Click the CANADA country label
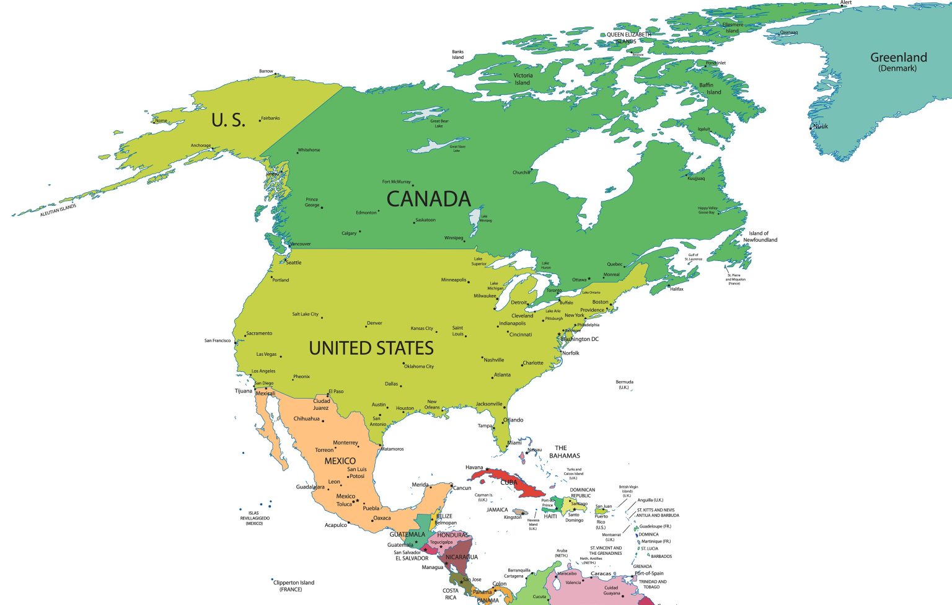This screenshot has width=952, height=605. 429,199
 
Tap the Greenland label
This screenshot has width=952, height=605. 899,58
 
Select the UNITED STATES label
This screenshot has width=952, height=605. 371,348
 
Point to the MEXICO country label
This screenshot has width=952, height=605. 340,461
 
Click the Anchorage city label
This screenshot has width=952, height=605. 200,146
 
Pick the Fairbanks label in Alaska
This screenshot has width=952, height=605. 270,118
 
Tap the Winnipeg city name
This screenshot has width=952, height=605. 453,238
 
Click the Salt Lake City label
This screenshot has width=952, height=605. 305,314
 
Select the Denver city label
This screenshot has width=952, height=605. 374,323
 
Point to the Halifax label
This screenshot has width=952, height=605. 676,289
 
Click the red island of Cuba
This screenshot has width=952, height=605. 514,483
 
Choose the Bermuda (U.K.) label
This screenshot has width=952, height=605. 624,384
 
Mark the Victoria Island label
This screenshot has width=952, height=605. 522,79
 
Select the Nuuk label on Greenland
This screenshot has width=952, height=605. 821,126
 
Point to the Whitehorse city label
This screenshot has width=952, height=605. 309,150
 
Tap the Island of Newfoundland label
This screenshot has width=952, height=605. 760,237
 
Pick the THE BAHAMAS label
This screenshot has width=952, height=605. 563,451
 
